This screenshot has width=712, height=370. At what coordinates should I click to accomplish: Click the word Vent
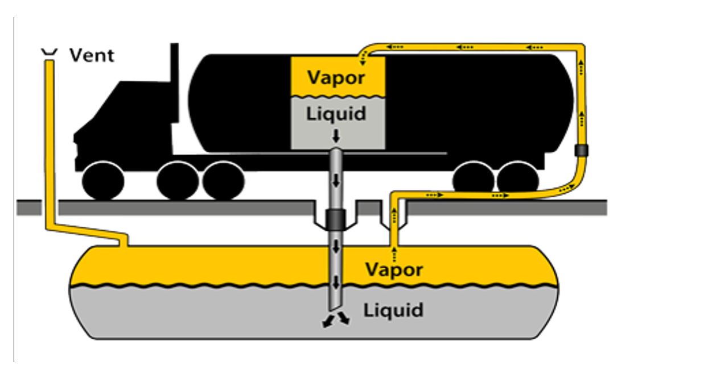click(x=92, y=56)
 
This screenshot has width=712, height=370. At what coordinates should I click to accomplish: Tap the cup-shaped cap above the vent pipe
click(x=50, y=53)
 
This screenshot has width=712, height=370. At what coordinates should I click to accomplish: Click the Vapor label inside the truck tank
click(x=336, y=77)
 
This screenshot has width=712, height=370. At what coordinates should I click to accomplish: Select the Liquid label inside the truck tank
click(x=336, y=114)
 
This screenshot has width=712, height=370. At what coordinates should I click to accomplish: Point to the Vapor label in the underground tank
click(x=394, y=269)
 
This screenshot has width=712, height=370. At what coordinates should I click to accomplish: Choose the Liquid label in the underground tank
click(x=393, y=310)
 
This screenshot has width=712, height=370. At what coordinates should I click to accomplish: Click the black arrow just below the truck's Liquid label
click(x=336, y=136)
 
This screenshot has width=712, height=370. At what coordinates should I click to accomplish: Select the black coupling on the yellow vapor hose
click(x=581, y=151)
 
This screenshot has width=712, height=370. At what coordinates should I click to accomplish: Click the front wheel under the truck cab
click(x=103, y=181)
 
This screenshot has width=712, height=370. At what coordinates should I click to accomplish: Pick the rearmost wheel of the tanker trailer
click(x=518, y=180)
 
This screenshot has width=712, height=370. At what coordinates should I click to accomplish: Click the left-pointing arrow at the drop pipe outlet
click(x=327, y=322)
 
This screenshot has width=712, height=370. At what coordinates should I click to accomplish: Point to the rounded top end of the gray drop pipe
click(x=336, y=153)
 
